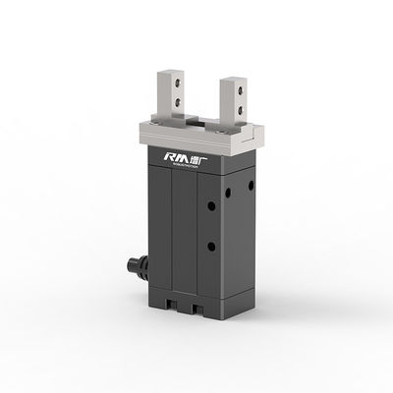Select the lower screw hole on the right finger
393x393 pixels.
click(x=239, y=107)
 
